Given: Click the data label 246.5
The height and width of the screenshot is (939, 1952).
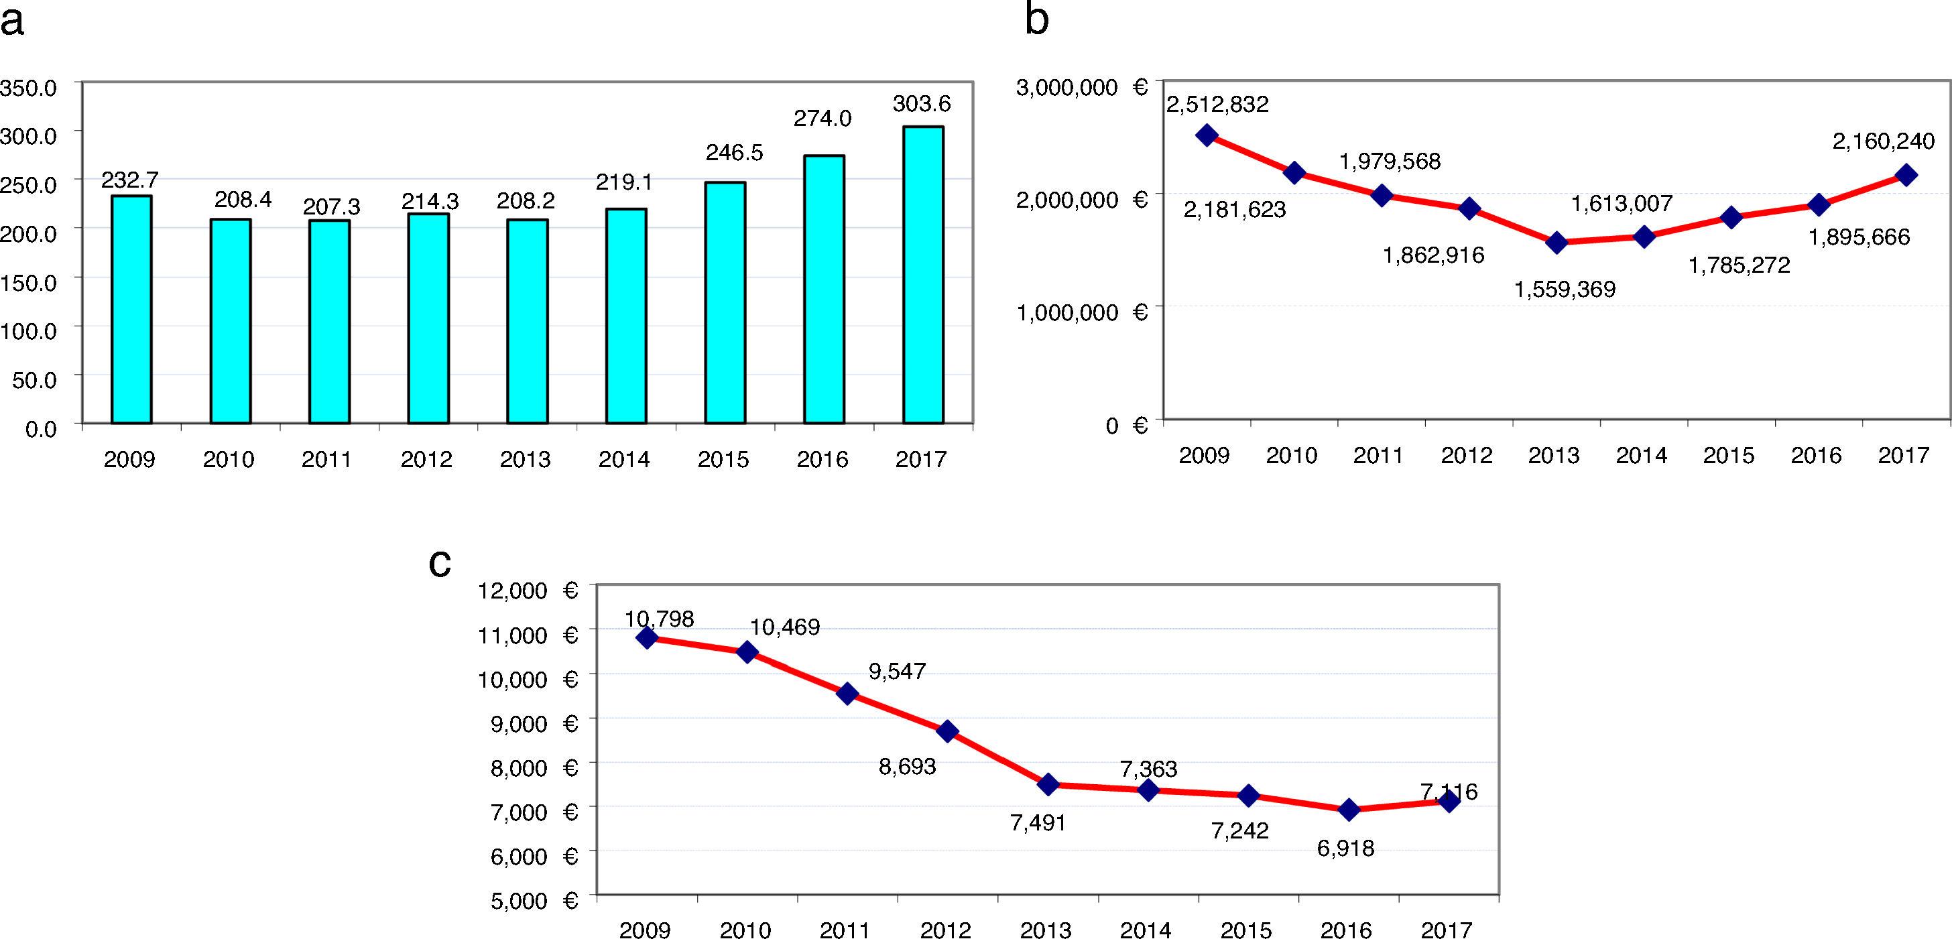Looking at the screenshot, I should click(734, 152).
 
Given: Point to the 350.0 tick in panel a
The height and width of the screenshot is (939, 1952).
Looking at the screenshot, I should click(29, 88).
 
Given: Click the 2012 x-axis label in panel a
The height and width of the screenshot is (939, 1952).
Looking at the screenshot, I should click(426, 459).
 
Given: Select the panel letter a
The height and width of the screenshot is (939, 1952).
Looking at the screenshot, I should click(12, 21).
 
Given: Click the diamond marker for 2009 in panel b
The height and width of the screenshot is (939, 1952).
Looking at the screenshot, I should click(1207, 135).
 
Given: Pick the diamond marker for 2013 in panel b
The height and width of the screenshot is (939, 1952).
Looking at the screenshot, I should click(1557, 243).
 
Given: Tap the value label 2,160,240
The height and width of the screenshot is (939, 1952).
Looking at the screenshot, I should click(1883, 141).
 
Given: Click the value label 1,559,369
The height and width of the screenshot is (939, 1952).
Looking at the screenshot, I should click(1565, 290).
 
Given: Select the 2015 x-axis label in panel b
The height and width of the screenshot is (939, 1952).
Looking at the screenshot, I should click(1729, 456).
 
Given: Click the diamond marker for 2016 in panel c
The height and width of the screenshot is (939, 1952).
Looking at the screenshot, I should click(1348, 810).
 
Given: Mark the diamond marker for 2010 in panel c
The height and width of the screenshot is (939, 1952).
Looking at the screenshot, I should click(747, 651).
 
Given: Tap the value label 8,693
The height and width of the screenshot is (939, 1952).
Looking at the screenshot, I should click(907, 766).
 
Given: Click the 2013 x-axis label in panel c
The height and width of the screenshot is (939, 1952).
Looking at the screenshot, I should click(1046, 930).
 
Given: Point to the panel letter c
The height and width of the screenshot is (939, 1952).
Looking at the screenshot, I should click(440, 563).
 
